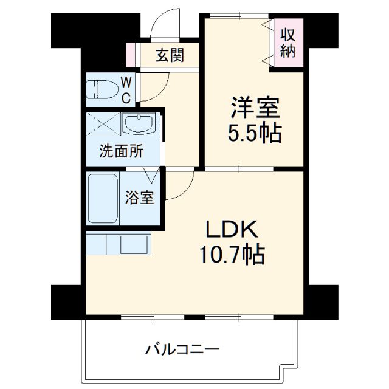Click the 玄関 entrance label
[x=170, y=56]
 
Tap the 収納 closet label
[x=287, y=43]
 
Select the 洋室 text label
[x=254, y=109]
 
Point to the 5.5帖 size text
[x=254, y=134]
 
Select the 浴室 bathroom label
[x=139, y=198]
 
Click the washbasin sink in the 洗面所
[x=140, y=124]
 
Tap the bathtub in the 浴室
[x=102, y=198]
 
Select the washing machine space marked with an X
[x=103, y=125]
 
